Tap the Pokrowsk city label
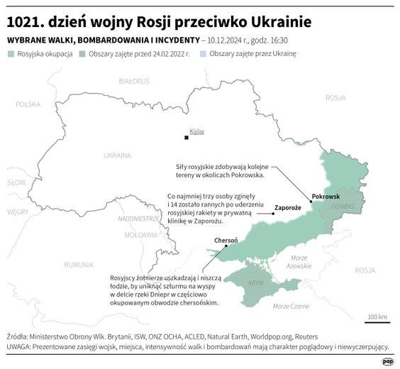pos(326,195)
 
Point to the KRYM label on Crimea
pos(256,282)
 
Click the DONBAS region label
pos(343,206)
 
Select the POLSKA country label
pos(28,104)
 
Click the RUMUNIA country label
pos(78,265)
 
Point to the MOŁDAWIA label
pos(140,233)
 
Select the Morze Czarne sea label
pos(291,306)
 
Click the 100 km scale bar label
pos(377,316)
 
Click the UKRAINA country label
pos(116,155)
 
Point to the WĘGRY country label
pos(18,211)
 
